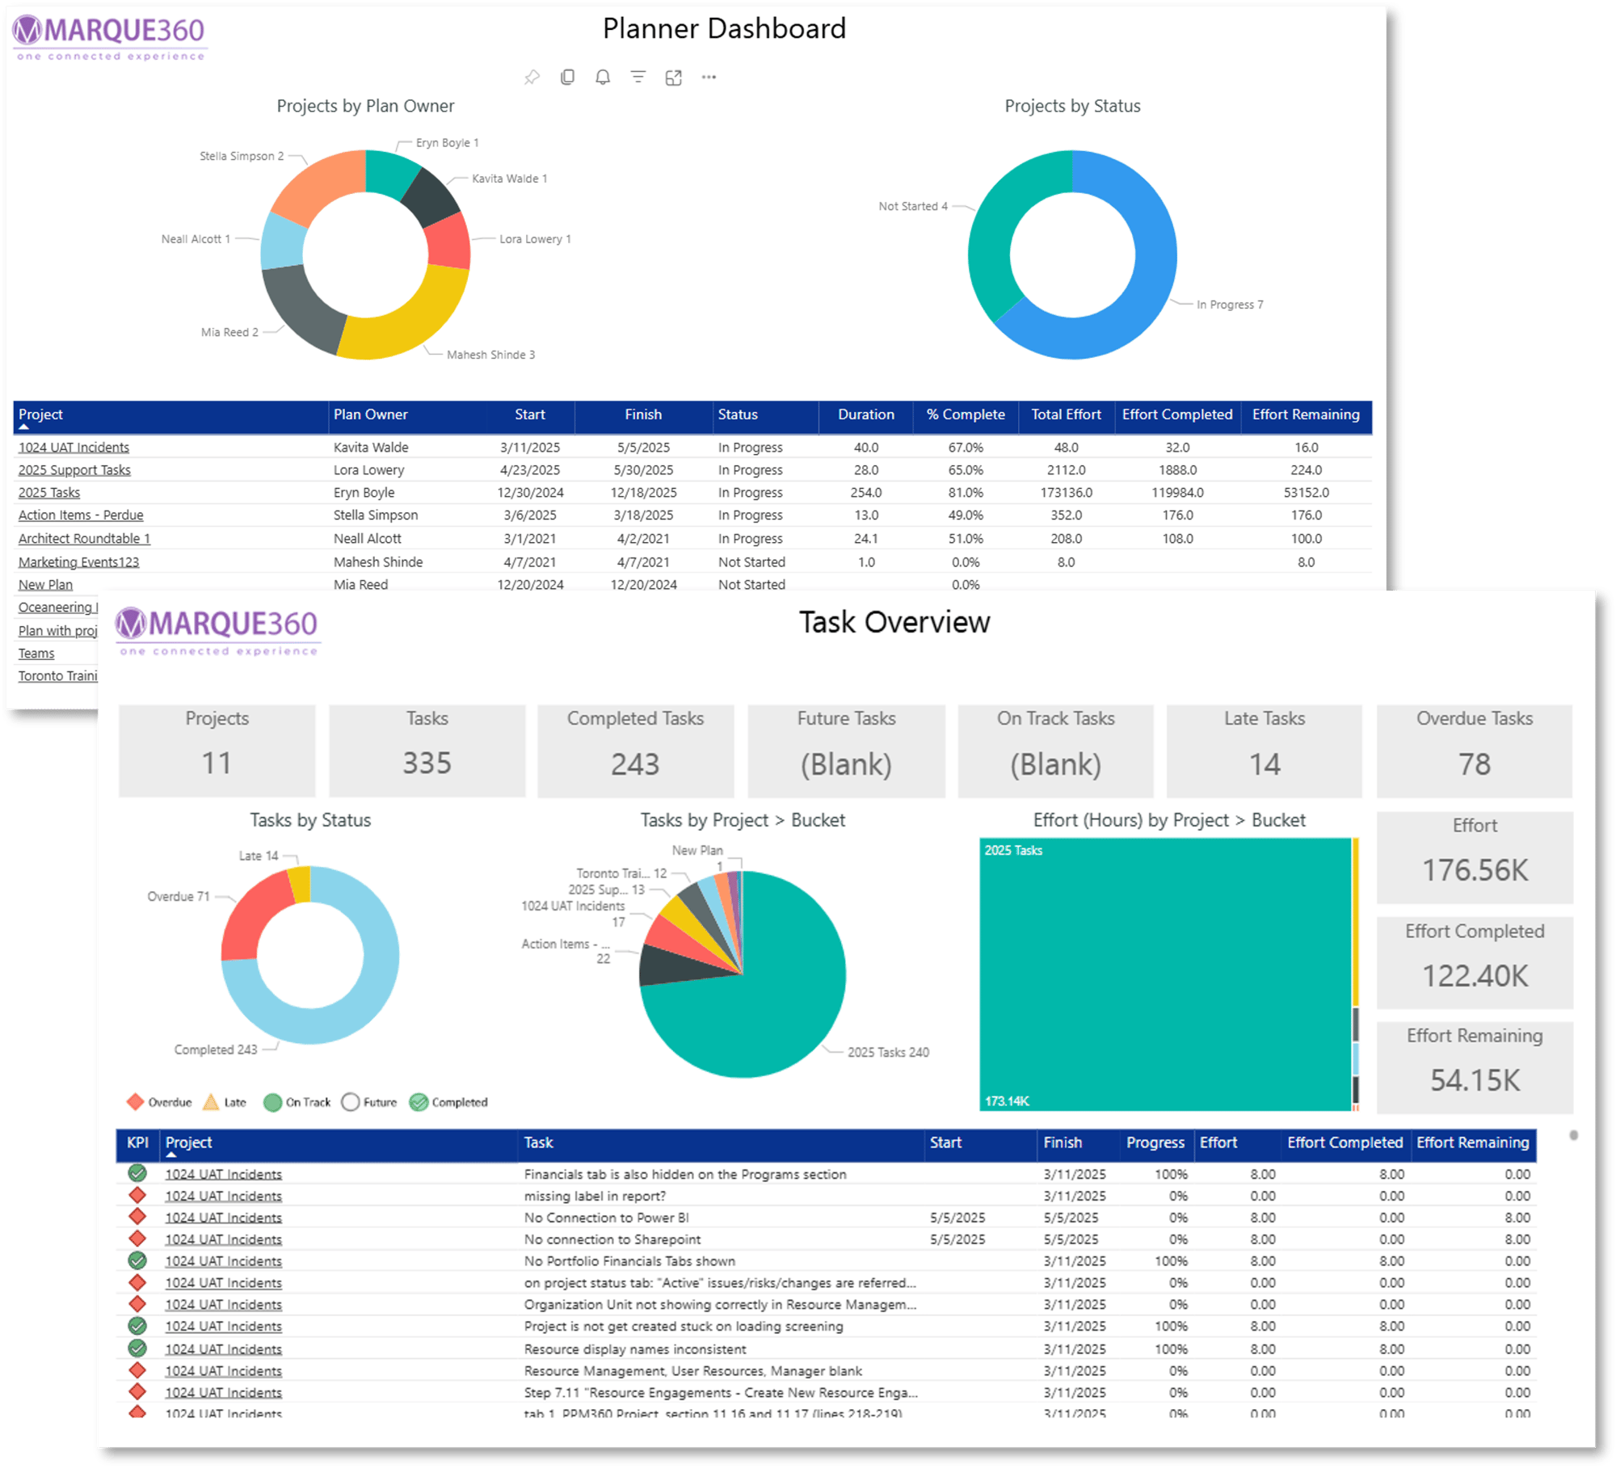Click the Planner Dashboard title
[724, 29]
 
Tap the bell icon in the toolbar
[603, 78]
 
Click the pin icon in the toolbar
[532, 78]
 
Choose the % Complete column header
[966, 414]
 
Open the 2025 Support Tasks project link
[74, 470]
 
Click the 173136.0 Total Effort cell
[1066, 493]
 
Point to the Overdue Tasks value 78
[1474, 764]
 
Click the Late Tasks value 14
[1265, 764]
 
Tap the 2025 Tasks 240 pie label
[888, 1052]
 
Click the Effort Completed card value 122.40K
[1475, 976]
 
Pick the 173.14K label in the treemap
[1007, 1101]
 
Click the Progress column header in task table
[1155, 1142]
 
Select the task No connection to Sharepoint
[612, 1239]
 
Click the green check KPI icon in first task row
[137, 1173]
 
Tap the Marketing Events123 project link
[78, 562]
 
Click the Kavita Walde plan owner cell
[371, 448]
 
